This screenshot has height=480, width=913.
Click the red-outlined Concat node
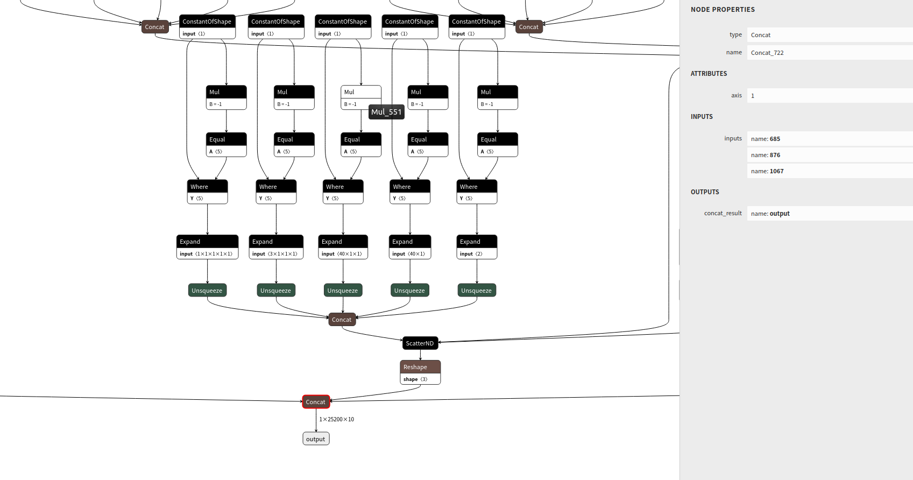click(316, 401)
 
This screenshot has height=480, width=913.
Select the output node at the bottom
click(316, 439)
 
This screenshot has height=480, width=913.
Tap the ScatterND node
click(420, 343)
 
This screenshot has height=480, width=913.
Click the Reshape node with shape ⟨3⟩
click(420, 372)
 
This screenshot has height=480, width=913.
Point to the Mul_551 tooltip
click(386, 112)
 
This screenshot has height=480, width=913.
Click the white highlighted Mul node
click(361, 97)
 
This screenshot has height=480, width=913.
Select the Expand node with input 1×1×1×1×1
click(208, 247)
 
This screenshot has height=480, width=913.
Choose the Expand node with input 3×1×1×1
click(277, 247)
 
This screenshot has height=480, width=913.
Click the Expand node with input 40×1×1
click(343, 247)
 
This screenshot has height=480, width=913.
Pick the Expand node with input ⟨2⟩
click(477, 247)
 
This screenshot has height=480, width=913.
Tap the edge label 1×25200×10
click(337, 419)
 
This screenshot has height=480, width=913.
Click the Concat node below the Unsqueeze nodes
click(342, 319)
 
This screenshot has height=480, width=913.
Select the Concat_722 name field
click(830, 53)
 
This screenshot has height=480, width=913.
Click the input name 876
click(766, 155)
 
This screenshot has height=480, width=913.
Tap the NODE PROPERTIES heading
click(723, 9)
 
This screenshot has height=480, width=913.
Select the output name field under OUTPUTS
click(830, 213)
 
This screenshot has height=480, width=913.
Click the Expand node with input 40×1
click(410, 247)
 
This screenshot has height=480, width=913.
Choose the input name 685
click(766, 139)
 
